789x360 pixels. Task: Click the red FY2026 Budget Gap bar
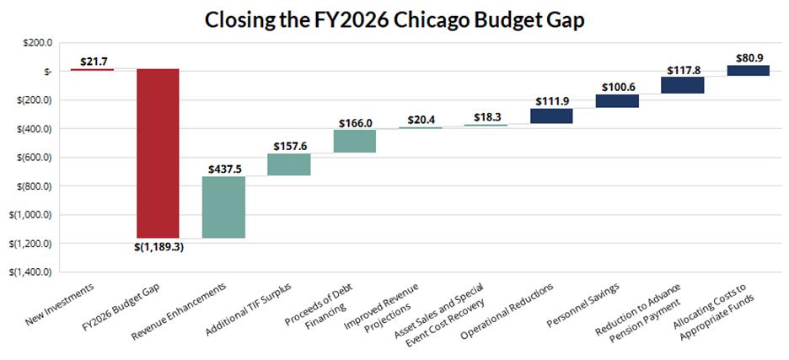click(x=158, y=153)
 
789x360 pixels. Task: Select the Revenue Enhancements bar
click(x=223, y=207)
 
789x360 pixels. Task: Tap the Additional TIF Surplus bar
click(x=289, y=164)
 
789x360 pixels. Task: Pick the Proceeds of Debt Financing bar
click(x=355, y=141)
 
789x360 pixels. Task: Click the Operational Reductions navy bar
click(x=551, y=116)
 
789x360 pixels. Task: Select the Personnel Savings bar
click(x=617, y=101)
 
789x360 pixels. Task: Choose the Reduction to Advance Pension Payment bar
click(x=683, y=84)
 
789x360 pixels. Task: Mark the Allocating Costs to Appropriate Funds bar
click(x=748, y=71)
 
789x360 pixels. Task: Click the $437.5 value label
click(x=224, y=169)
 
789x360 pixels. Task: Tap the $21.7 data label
click(x=93, y=62)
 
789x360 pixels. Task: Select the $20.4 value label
click(x=421, y=121)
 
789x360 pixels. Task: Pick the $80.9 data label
click(x=748, y=58)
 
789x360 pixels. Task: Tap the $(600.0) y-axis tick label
click(x=29, y=158)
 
